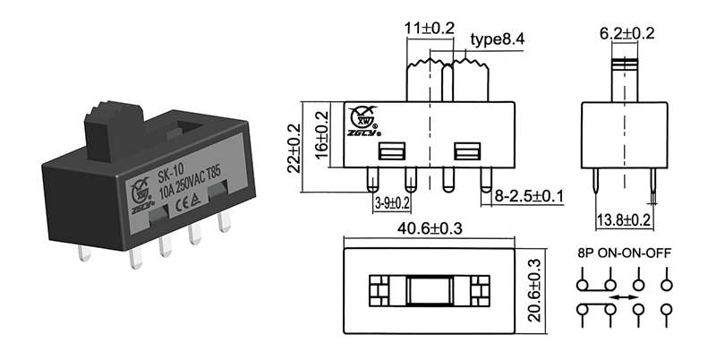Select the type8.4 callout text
497,40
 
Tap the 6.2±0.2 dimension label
627,33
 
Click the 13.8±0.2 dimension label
623,219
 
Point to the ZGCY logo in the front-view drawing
364,119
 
